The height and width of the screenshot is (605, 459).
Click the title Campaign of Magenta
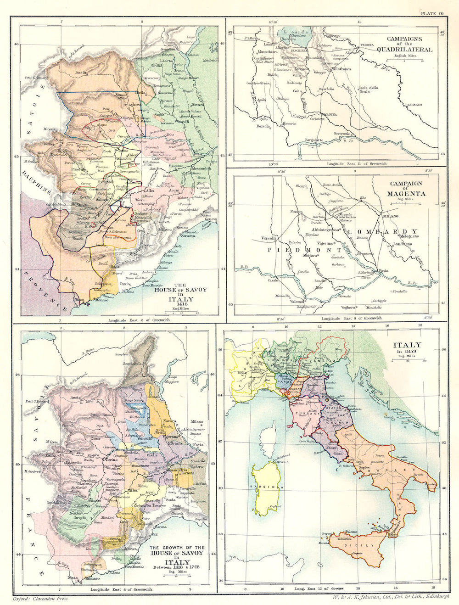click(x=407, y=189)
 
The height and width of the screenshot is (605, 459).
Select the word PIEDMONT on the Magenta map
click(x=305, y=250)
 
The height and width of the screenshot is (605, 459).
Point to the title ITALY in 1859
click(x=404, y=347)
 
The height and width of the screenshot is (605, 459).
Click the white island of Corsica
click(x=267, y=436)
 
